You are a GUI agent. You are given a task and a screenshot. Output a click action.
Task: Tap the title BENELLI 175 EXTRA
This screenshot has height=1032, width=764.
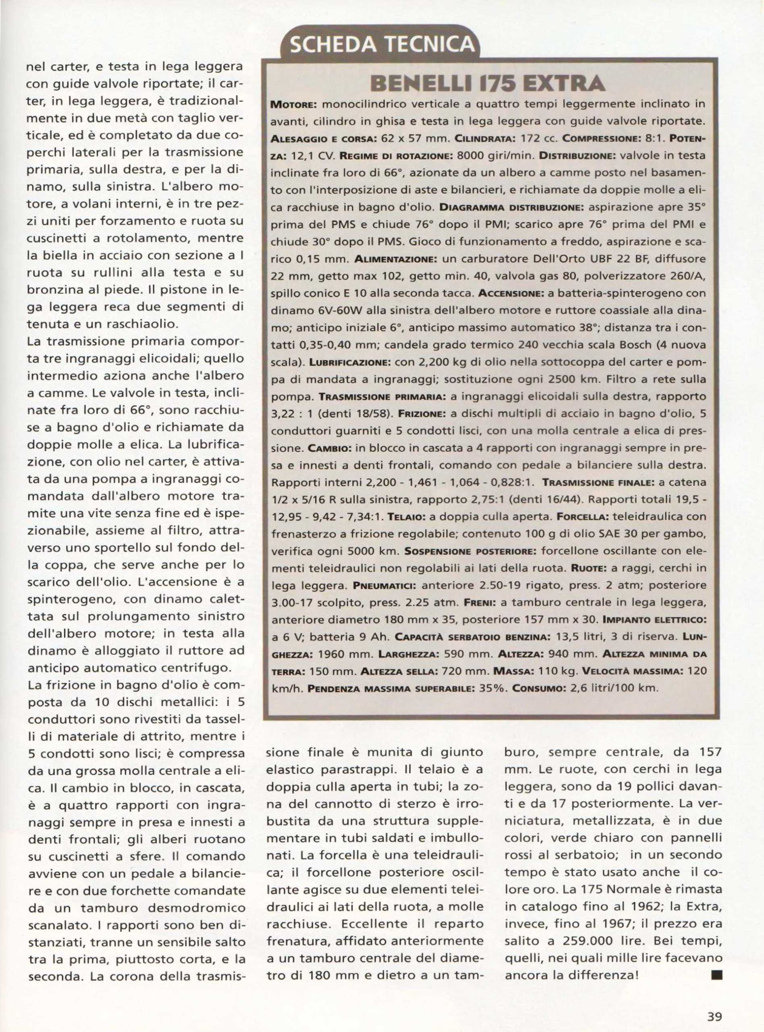490,84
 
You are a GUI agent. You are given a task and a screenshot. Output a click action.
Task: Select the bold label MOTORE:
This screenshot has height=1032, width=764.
292,105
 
